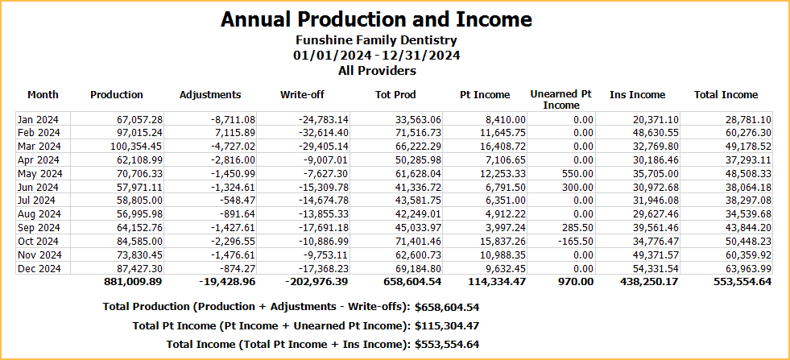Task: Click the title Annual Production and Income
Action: (376, 19)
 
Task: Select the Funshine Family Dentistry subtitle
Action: (376, 40)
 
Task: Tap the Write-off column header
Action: (303, 95)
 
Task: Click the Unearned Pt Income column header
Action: (560, 100)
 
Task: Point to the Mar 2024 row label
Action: (38, 147)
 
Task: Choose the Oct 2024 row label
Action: (38, 241)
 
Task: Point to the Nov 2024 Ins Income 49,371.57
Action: (655, 254)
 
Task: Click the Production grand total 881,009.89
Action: (133, 282)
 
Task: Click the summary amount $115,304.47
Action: (447, 325)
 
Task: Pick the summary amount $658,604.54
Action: (447, 307)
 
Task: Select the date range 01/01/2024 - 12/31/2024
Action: (376, 56)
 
